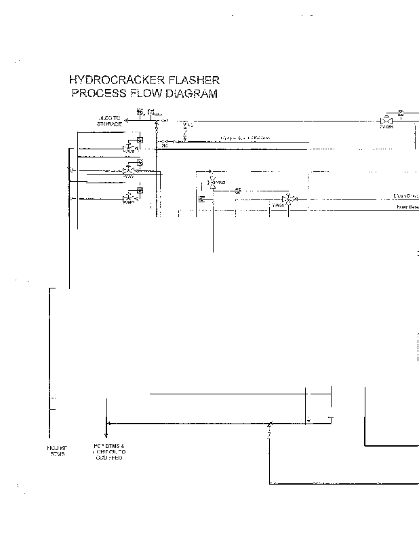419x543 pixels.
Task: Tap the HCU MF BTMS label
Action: pyautogui.click(x=55, y=450)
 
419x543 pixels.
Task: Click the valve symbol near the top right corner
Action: pyautogui.click(x=386, y=119)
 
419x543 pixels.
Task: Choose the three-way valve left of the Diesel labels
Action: pyautogui.click(x=287, y=199)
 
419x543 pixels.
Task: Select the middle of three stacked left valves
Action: pyautogui.click(x=129, y=170)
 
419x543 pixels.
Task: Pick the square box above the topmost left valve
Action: pyautogui.click(x=139, y=140)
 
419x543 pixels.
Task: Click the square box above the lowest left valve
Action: pyautogui.click(x=139, y=190)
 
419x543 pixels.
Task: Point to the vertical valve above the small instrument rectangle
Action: pyautogui.click(x=211, y=181)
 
